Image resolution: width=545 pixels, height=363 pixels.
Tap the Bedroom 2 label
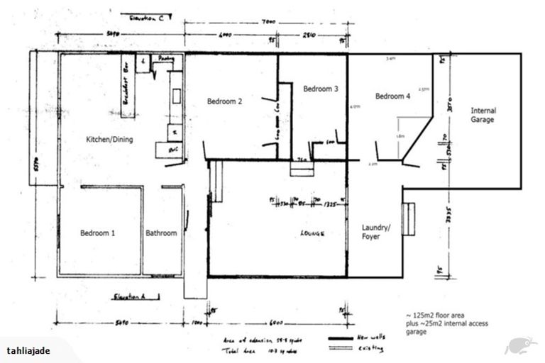coord(225,102)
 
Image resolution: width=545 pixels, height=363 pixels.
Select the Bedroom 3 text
coord(321,89)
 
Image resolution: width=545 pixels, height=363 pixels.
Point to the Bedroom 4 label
coord(392,96)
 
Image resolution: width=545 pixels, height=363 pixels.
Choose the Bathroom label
coord(161,233)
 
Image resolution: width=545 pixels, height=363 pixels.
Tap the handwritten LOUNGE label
coord(312,232)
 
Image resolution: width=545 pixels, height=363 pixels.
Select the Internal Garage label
coord(483,116)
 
